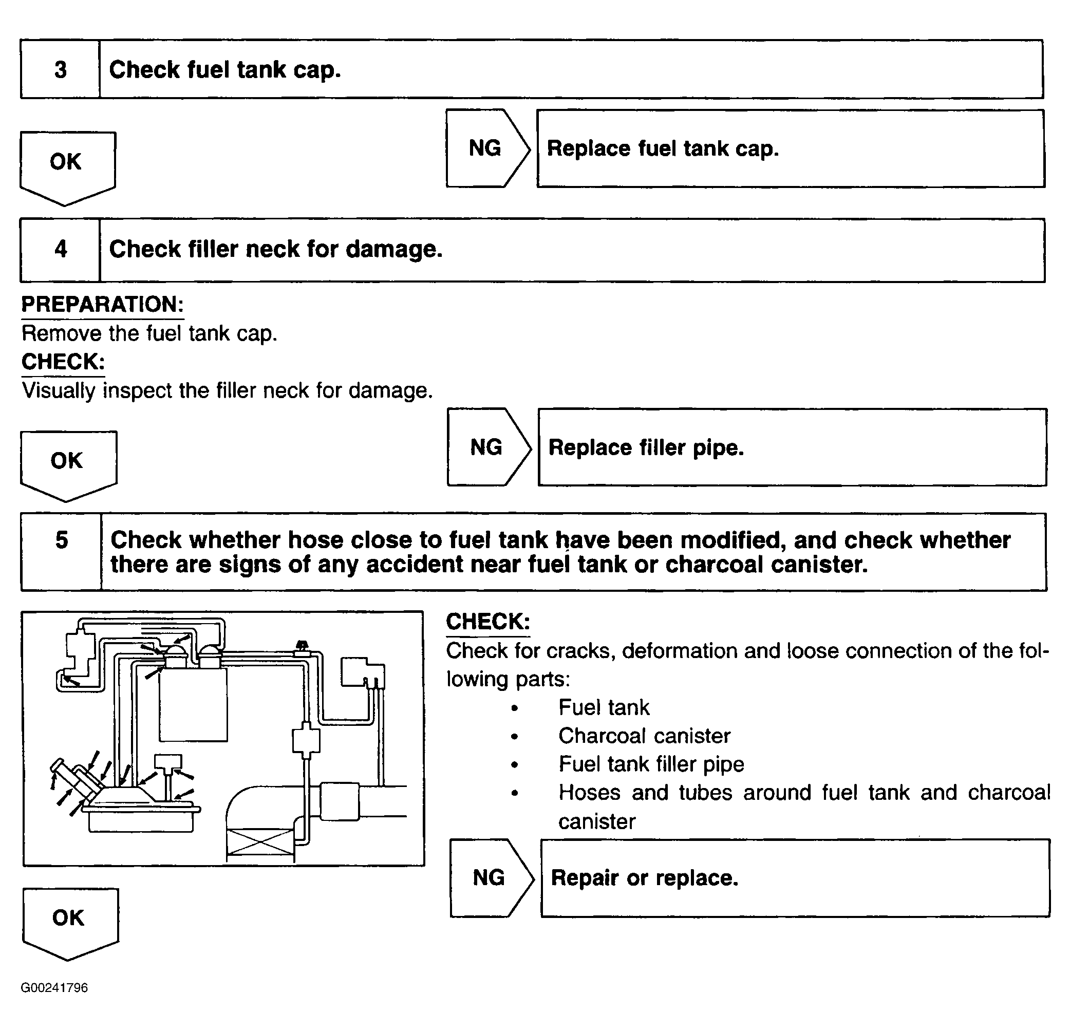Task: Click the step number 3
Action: (61, 70)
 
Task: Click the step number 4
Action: (61, 249)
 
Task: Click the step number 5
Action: (62, 540)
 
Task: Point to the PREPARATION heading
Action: (103, 304)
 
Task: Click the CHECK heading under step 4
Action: (63, 362)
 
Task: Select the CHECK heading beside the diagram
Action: (488, 622)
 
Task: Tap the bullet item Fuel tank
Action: (604, 708)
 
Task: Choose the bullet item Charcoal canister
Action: (644, 736)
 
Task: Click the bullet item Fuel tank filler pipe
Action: (651, 764)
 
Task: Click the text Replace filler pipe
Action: (646, 448)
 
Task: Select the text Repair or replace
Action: (644, 878)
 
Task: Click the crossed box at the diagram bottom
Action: (260, 841)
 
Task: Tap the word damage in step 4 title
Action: (393, 250)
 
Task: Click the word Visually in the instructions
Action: (59, 391)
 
